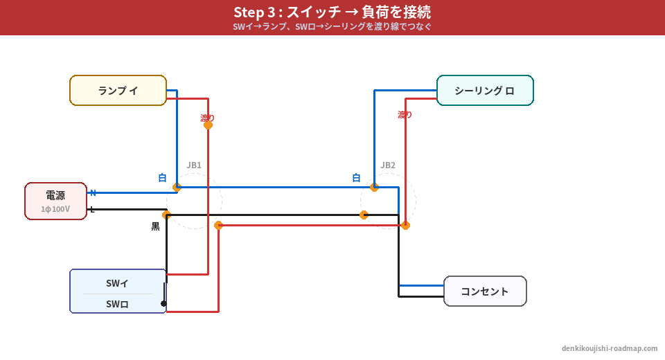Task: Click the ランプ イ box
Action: tap(118, 91)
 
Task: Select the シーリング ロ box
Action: tap(485, 91)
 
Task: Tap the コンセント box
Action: tap(485, 291)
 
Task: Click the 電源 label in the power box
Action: tap(55, 195)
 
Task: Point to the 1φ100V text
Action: tap(55, 209)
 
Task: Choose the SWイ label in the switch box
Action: tap(117, 283)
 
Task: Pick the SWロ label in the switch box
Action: tap(117, 304)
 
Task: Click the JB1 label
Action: tap(194, 165)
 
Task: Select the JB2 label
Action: tap(388, 165)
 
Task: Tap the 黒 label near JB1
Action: tap(156, 226)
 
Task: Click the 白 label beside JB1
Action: tap(162, 178)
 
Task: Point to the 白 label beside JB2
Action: tap(356, 178)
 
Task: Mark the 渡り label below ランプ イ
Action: tap(207, 118)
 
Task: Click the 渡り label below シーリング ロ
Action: tap(405, 114)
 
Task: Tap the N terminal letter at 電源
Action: tap(93, 193)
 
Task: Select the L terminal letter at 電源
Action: tap(92, 209)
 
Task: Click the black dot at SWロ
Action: tap(163, 303)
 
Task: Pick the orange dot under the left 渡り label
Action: tap(208, 125)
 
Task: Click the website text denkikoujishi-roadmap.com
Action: tap(610, 348)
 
